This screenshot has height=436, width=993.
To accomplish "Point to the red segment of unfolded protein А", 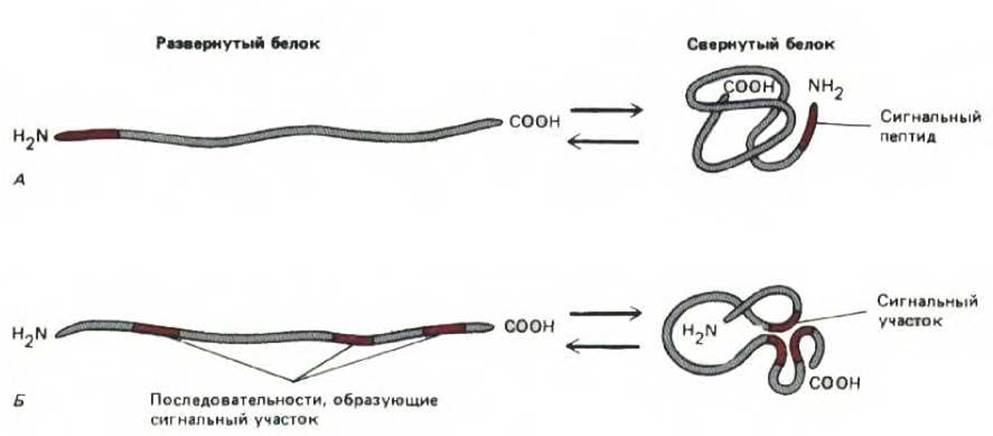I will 88,134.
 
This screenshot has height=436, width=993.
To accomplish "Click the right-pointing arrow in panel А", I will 606,111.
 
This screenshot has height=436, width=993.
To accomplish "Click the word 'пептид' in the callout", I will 907,138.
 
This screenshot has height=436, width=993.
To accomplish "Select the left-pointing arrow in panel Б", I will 606,346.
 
